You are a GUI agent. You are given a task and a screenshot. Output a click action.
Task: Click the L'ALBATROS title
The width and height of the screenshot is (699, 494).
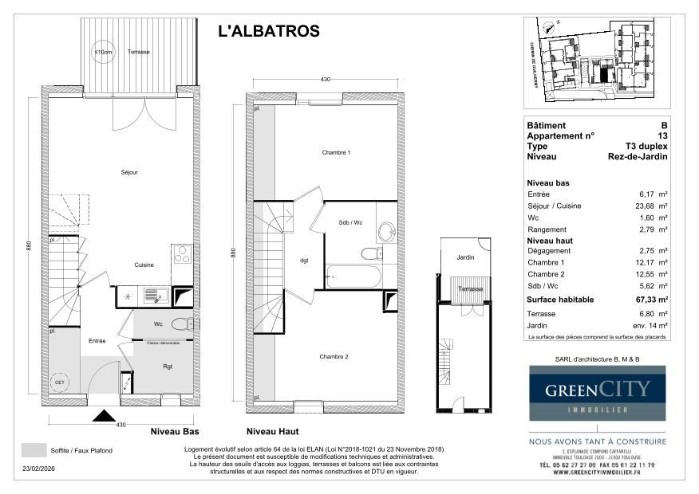269,32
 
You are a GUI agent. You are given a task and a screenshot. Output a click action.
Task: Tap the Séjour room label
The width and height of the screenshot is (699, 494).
129,172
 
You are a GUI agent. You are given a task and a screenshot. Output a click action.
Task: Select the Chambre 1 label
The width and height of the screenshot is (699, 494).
336,152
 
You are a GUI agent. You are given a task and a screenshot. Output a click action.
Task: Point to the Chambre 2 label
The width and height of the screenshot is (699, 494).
334,356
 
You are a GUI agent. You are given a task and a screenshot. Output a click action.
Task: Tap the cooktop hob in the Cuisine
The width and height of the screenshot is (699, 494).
180,255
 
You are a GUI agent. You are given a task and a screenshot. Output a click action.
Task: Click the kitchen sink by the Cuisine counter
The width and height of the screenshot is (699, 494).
152,296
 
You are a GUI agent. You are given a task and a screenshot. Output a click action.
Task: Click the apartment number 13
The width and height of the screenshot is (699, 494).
662,136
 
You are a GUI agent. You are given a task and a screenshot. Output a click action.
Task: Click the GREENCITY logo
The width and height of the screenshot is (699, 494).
598,394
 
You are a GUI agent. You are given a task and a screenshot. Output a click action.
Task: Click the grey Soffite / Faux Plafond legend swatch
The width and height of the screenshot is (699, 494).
33,450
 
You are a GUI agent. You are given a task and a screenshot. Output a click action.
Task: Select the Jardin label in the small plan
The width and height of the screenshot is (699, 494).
465,257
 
